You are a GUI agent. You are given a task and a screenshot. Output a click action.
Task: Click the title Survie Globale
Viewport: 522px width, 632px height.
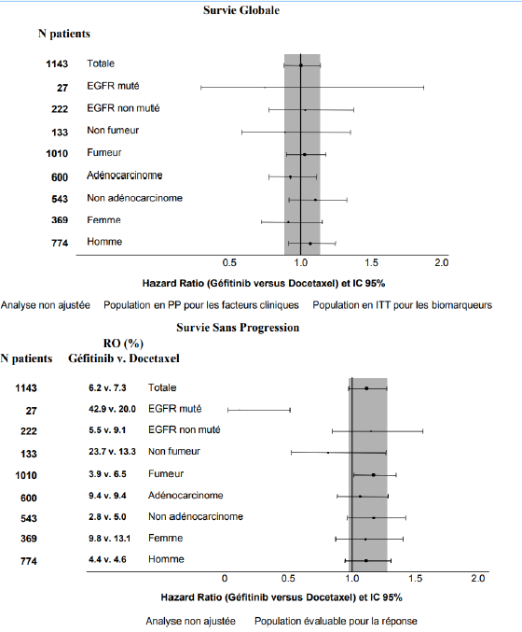click(241, 10)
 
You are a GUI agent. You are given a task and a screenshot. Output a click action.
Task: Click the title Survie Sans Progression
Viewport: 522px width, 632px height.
click(238, 328)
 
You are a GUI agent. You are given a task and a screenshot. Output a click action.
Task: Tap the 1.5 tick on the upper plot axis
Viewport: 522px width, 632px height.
click(372, 263)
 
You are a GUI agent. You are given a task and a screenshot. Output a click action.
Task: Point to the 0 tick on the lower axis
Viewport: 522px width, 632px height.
click(225, 579)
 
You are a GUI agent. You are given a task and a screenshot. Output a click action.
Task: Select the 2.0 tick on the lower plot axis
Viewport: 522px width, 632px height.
click(478, 579)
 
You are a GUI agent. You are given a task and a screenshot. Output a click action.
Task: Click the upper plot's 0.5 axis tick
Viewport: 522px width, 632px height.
click(229, 263)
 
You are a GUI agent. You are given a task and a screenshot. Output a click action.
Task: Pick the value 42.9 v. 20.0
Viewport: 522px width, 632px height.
click(112, 409)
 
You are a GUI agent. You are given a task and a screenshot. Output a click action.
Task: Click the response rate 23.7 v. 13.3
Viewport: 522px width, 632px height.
click(112, 452)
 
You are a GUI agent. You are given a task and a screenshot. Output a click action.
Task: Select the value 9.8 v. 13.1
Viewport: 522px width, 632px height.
click(109, 539)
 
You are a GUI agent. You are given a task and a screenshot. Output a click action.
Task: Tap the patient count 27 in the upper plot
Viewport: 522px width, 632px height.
click(62, 88)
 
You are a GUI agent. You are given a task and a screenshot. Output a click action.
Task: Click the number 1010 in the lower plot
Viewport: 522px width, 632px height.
click(26, 475)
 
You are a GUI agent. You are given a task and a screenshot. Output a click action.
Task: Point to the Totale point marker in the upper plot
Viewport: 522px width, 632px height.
click(301, 65)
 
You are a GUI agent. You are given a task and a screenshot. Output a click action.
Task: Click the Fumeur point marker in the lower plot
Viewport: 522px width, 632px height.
click(374, 475)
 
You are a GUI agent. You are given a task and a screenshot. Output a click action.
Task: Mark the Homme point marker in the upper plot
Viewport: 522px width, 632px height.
click(309, 244)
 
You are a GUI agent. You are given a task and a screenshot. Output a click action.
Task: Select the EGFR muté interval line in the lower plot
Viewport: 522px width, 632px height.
click(259, 410)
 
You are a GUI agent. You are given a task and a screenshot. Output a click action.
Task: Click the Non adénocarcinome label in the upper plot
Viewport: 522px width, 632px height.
click(135, 198)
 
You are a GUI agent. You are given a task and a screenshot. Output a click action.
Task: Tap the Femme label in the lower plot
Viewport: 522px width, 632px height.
click(165, 538)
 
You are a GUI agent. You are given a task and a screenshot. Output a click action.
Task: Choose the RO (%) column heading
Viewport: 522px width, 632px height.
click(123, 344)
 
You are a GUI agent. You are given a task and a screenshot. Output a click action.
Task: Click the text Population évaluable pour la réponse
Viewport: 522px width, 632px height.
click(336, 621)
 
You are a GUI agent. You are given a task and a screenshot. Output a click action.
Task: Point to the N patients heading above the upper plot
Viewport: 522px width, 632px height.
click(64, 34)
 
